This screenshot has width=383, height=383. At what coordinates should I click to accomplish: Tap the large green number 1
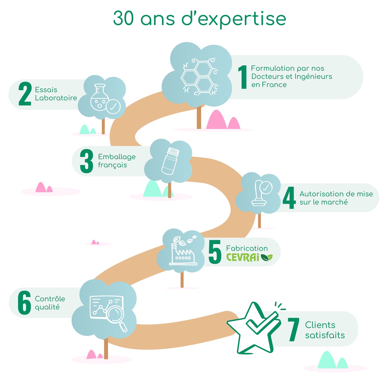(243, 77)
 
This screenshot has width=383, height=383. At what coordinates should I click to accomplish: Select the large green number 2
(25, 94)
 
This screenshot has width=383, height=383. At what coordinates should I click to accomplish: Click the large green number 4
(289, 198)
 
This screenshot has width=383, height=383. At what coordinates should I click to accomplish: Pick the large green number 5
(215, 252)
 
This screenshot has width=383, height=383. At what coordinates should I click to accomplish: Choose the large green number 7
(293, 330)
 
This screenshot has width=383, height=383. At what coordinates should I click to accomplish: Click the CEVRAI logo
(249, 257)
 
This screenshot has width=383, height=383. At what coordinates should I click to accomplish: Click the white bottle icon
(170, 161)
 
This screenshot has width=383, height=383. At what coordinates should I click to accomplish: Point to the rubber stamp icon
(262, 193)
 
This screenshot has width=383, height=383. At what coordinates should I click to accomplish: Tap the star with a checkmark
(255, 328)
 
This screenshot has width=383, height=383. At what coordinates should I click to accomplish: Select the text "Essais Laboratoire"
(56, 94)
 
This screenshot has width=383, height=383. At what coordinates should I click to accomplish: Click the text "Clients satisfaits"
(325, 330)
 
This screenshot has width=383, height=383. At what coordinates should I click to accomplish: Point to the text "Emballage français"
(117, 161)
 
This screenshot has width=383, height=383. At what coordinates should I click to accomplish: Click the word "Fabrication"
(247, 248)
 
